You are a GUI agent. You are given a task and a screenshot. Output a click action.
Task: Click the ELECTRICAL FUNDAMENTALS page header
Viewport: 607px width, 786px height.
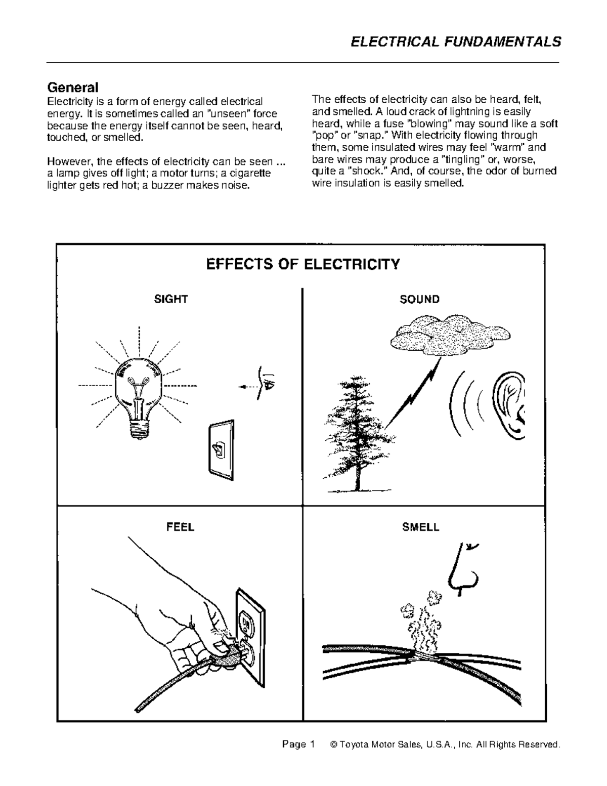(456, 42)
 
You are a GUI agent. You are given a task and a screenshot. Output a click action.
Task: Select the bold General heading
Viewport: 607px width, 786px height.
(72, 87)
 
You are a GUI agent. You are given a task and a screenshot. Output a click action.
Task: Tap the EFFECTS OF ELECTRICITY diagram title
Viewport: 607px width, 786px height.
(302, 264)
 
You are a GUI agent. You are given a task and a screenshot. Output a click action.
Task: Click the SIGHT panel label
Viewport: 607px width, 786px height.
(171, 299)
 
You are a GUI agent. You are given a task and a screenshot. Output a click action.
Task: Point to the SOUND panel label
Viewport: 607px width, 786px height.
(419, 299)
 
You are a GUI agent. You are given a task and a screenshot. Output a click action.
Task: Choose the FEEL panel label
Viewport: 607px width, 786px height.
(180, 527)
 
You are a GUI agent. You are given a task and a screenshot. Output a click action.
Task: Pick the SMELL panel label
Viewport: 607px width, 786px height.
(420, 527)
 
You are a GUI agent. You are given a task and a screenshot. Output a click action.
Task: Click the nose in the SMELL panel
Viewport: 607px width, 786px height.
(463, 569)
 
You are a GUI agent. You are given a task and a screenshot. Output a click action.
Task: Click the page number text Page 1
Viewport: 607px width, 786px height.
(298, 744)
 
